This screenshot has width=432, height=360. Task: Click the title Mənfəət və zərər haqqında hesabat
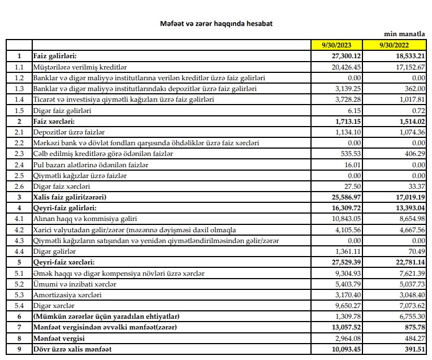click(218, 24)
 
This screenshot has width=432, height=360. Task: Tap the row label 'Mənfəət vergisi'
click(59, 339)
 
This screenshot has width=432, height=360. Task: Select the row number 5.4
click(19, 306)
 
